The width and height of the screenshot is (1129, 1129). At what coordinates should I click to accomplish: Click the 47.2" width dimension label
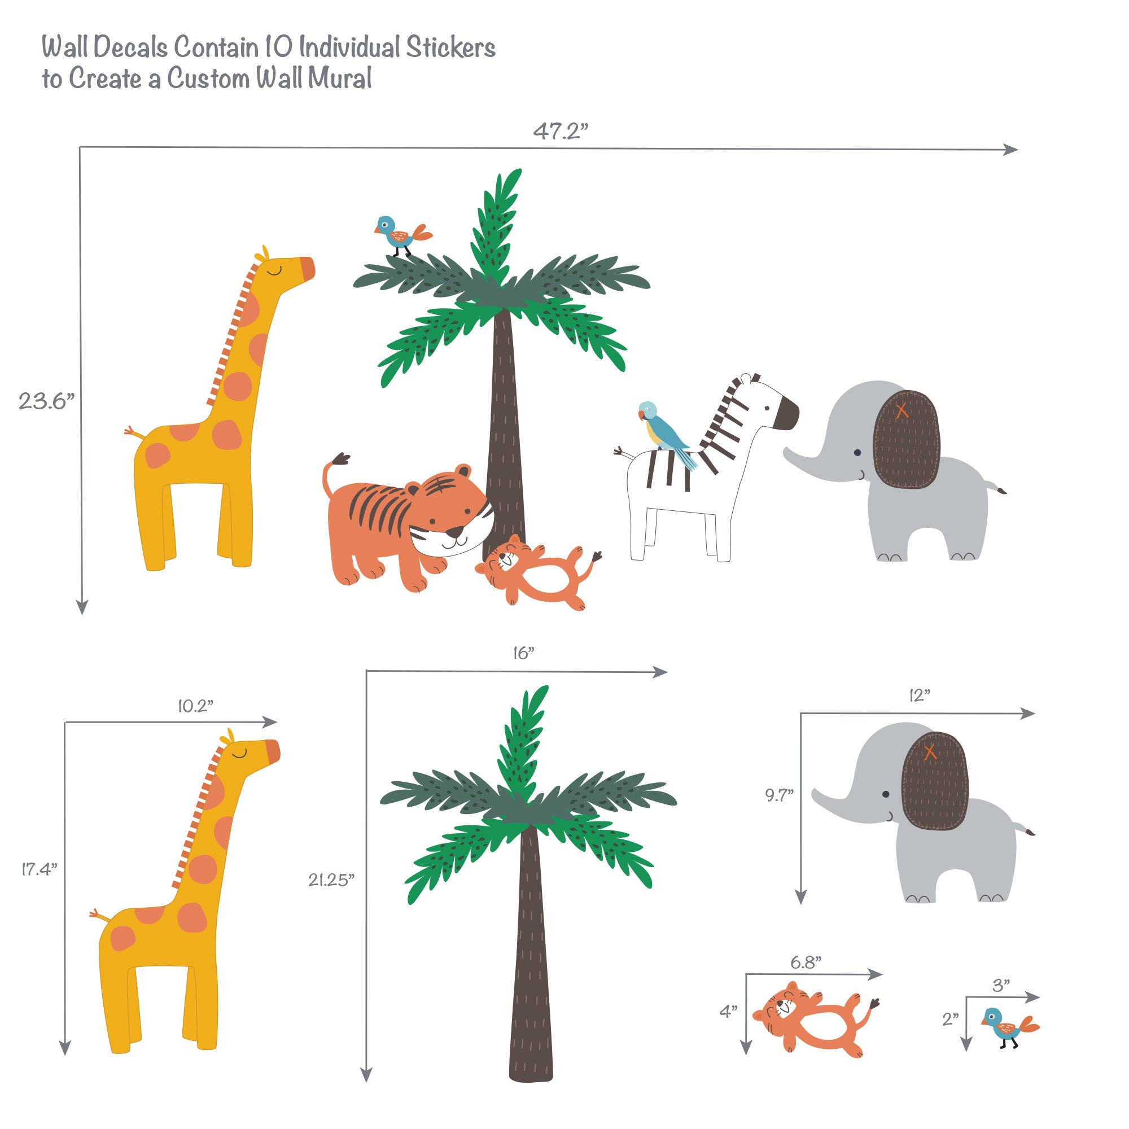pos(560,131)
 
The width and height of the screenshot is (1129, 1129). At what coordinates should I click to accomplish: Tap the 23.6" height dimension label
pos(46,401)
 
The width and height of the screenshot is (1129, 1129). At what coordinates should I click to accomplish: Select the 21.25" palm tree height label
pos(331,880)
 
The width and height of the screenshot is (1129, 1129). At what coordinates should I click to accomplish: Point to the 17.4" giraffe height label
pos(39,869)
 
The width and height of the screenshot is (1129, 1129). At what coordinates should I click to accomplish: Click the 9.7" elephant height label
pos(779,795)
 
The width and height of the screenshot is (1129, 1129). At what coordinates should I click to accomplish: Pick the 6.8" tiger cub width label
pos(806,962)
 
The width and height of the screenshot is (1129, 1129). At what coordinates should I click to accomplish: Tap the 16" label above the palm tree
pos(524,653)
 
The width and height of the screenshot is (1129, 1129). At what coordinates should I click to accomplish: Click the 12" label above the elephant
pos(919,695)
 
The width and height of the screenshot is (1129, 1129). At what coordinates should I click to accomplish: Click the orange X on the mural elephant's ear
pos(902,410)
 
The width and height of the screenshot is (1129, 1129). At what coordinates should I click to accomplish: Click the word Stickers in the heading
pos(450,48)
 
